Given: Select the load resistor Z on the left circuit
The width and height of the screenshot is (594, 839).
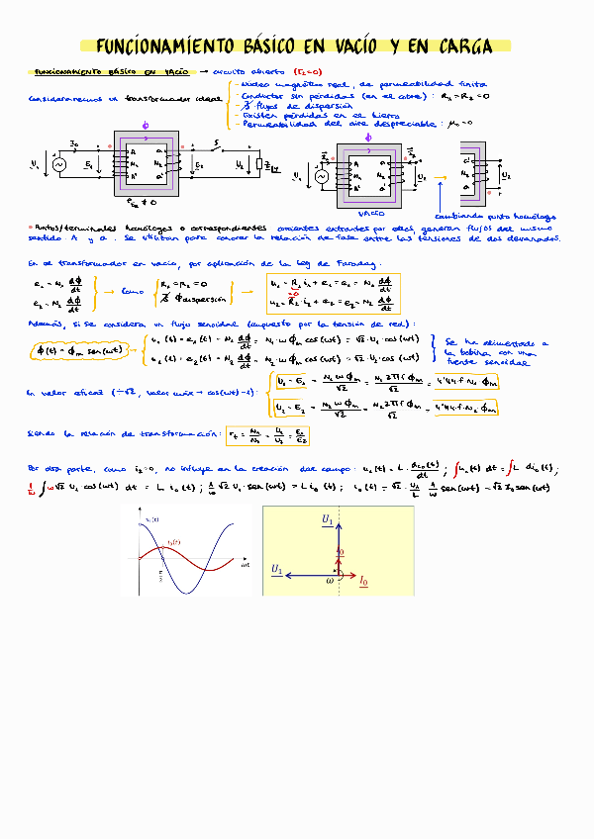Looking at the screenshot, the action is (259, 165).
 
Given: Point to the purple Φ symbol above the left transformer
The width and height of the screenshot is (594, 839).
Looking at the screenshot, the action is (148, 126).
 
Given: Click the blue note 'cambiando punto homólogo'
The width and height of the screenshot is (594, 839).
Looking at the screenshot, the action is (495, 216).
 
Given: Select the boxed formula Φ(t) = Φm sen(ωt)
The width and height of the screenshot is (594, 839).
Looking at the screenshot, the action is (79, 349).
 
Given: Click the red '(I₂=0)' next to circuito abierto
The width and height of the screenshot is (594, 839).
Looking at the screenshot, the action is (307, 72).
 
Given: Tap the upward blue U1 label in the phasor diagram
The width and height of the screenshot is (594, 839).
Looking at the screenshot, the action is (328, 518).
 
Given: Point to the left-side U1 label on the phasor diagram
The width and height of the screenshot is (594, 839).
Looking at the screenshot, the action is (278, 569).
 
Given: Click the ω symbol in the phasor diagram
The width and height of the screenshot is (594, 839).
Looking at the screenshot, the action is (330, 581).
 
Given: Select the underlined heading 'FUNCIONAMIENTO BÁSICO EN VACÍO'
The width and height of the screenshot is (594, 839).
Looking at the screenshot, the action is (111, 72).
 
